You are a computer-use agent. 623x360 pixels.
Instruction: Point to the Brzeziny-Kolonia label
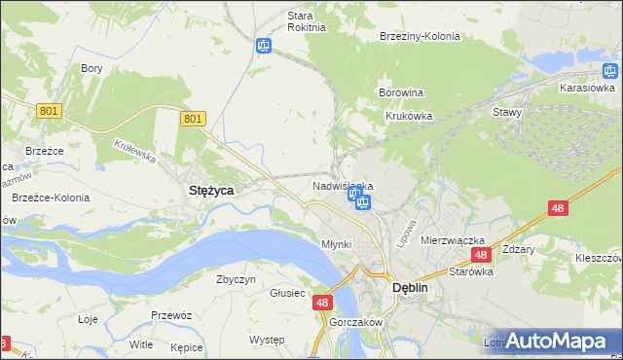[419, 36]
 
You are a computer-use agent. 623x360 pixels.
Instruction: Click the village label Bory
[92, 68]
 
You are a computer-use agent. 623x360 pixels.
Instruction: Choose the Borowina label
[400, 93]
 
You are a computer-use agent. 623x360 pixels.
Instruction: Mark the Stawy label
[507, 112]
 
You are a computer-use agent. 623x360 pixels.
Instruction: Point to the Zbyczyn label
[236, 279]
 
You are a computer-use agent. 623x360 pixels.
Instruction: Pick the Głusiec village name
[288, 293]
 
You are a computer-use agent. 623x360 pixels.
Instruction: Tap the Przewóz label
[169, 315]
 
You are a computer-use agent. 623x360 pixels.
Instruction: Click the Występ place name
[266, 340]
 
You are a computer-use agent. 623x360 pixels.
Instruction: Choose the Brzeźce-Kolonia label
[51, 198]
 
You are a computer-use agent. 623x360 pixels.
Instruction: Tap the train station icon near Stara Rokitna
[263, 46]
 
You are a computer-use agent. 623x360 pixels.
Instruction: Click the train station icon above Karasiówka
[609, 70]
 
